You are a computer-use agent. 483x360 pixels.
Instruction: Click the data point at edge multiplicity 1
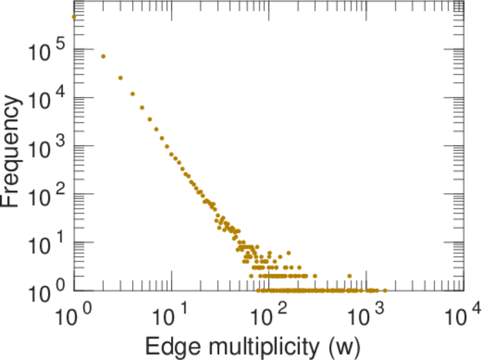point(74,17)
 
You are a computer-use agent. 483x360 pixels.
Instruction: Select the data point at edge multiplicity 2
point(103,56)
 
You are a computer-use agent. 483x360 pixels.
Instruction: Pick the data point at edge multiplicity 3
point(120,78)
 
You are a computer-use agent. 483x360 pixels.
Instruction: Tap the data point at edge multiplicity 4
point(133,94)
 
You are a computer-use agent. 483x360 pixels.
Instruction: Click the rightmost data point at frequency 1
point(385,290)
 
